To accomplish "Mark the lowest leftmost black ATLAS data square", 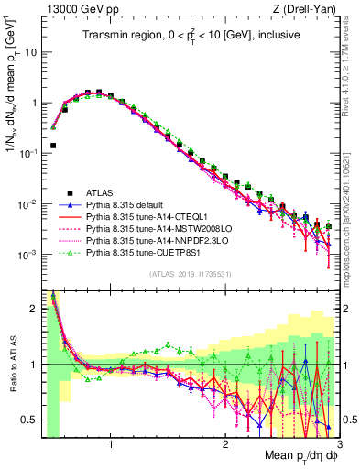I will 53,145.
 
